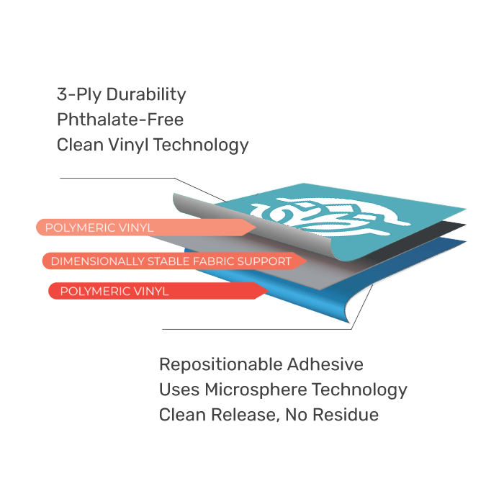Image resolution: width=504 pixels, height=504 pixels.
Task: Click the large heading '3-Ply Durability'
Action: (x=121, y=94)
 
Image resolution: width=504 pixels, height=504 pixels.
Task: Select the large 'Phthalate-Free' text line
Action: (x=120, y=120)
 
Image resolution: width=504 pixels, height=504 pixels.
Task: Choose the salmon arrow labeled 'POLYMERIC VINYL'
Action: (x=144, y=228)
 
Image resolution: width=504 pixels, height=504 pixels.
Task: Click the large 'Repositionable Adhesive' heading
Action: (x=261, y=365)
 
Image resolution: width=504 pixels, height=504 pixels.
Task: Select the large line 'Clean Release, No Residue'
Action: (x=268, y=415)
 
